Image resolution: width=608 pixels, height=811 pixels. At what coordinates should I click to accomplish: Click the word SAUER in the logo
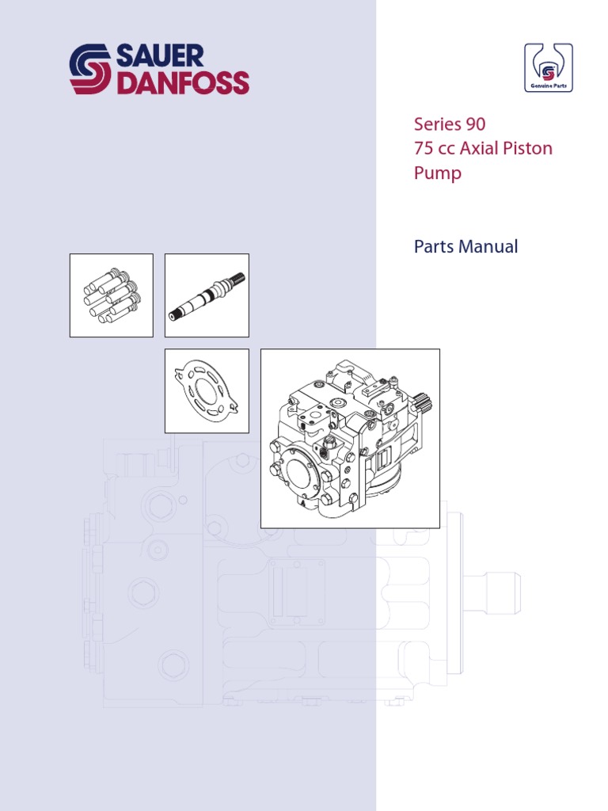160,56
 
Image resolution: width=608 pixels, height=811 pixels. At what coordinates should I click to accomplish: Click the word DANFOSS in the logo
182,83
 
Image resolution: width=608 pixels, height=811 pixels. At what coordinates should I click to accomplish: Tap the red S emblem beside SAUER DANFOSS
91,70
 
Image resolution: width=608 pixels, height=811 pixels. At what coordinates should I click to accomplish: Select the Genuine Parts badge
548,68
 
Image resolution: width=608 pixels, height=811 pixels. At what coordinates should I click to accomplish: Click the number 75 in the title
425,149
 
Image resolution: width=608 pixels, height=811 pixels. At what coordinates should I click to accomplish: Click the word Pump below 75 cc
438,173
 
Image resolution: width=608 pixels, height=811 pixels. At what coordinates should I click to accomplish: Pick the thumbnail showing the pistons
112,295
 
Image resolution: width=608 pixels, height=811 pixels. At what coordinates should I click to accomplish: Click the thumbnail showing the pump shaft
207,295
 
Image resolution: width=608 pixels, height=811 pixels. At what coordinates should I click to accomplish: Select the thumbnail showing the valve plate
207,391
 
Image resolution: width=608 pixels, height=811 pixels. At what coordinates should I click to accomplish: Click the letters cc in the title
449,149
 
